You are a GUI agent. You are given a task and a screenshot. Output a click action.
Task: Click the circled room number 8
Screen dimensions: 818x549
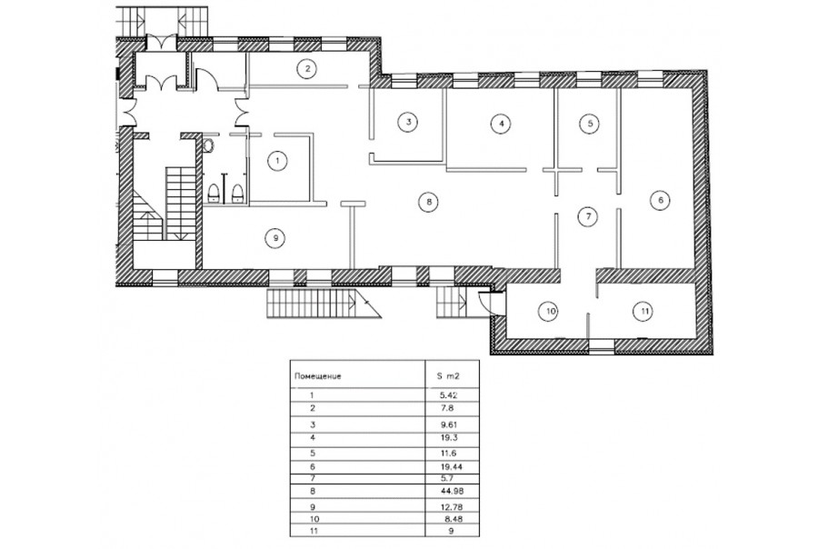point(428,202)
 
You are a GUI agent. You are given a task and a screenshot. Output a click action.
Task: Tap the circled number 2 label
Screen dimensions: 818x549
point(308,68)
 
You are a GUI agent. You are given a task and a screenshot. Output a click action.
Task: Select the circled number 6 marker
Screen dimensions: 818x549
point(661,200)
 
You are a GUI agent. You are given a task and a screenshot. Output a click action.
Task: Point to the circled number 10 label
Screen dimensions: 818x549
point(552,312)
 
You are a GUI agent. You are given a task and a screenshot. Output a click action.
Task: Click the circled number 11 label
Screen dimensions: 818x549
point(644,312)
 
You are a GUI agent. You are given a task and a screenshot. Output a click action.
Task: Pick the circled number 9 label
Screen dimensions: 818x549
point(275,238)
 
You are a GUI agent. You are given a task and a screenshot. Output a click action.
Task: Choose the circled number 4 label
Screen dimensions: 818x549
point(501,124)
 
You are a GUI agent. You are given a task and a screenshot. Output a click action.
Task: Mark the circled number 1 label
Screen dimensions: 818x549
point(277,161)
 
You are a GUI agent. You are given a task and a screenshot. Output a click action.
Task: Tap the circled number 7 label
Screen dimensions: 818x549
point(588,216)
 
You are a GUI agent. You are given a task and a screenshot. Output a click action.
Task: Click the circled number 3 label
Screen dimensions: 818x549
point(408,122)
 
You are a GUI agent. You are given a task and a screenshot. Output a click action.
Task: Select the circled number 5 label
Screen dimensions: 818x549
point(590,124)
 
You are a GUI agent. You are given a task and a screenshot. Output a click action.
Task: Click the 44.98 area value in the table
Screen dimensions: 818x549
point(453,491)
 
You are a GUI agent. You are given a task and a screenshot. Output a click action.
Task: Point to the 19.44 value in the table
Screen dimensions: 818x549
point(453,466)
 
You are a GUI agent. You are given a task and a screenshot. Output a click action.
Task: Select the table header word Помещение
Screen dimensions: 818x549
point(318,376)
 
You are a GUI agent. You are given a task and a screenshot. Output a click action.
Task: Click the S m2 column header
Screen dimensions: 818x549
point(449,375)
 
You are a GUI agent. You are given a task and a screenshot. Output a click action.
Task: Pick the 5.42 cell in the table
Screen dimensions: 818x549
point(450,395)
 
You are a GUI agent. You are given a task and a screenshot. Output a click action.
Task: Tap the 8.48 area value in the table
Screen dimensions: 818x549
point(454,519)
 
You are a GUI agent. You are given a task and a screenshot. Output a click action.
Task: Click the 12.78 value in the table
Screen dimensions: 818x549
point(453,506)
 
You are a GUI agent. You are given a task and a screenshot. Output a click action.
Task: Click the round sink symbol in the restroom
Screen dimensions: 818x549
point(209,145)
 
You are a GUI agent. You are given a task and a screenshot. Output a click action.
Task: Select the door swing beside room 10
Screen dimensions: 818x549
point(486,302)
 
